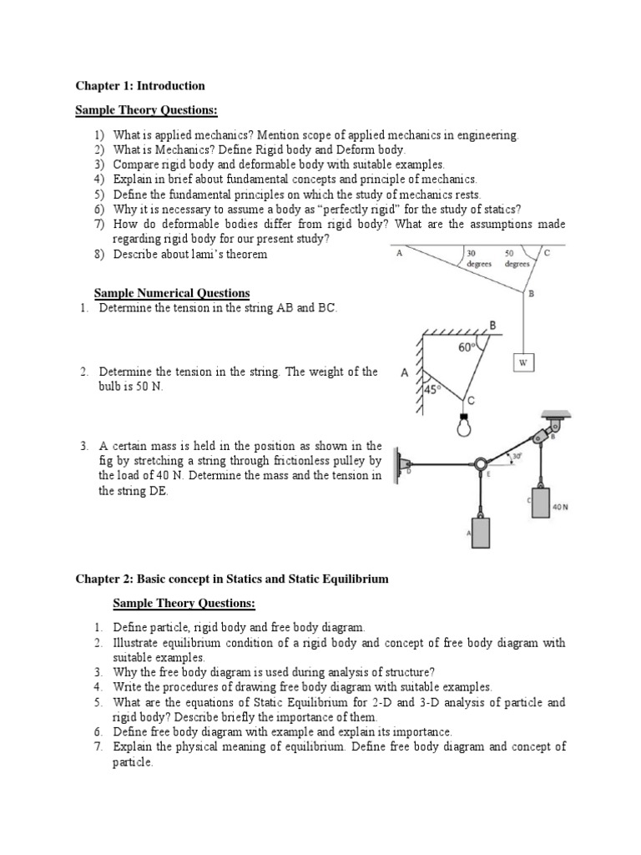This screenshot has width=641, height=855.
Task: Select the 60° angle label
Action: point(466,347)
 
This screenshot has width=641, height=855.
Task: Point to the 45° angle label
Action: point(431,388)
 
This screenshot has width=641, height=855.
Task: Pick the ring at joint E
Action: point(481,463)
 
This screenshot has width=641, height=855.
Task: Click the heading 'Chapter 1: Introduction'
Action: point(140,86)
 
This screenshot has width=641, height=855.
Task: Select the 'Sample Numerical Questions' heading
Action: point(171,293)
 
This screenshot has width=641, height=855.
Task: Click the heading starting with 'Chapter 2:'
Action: point(233,579)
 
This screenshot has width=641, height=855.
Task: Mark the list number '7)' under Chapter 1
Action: point(99,224)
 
